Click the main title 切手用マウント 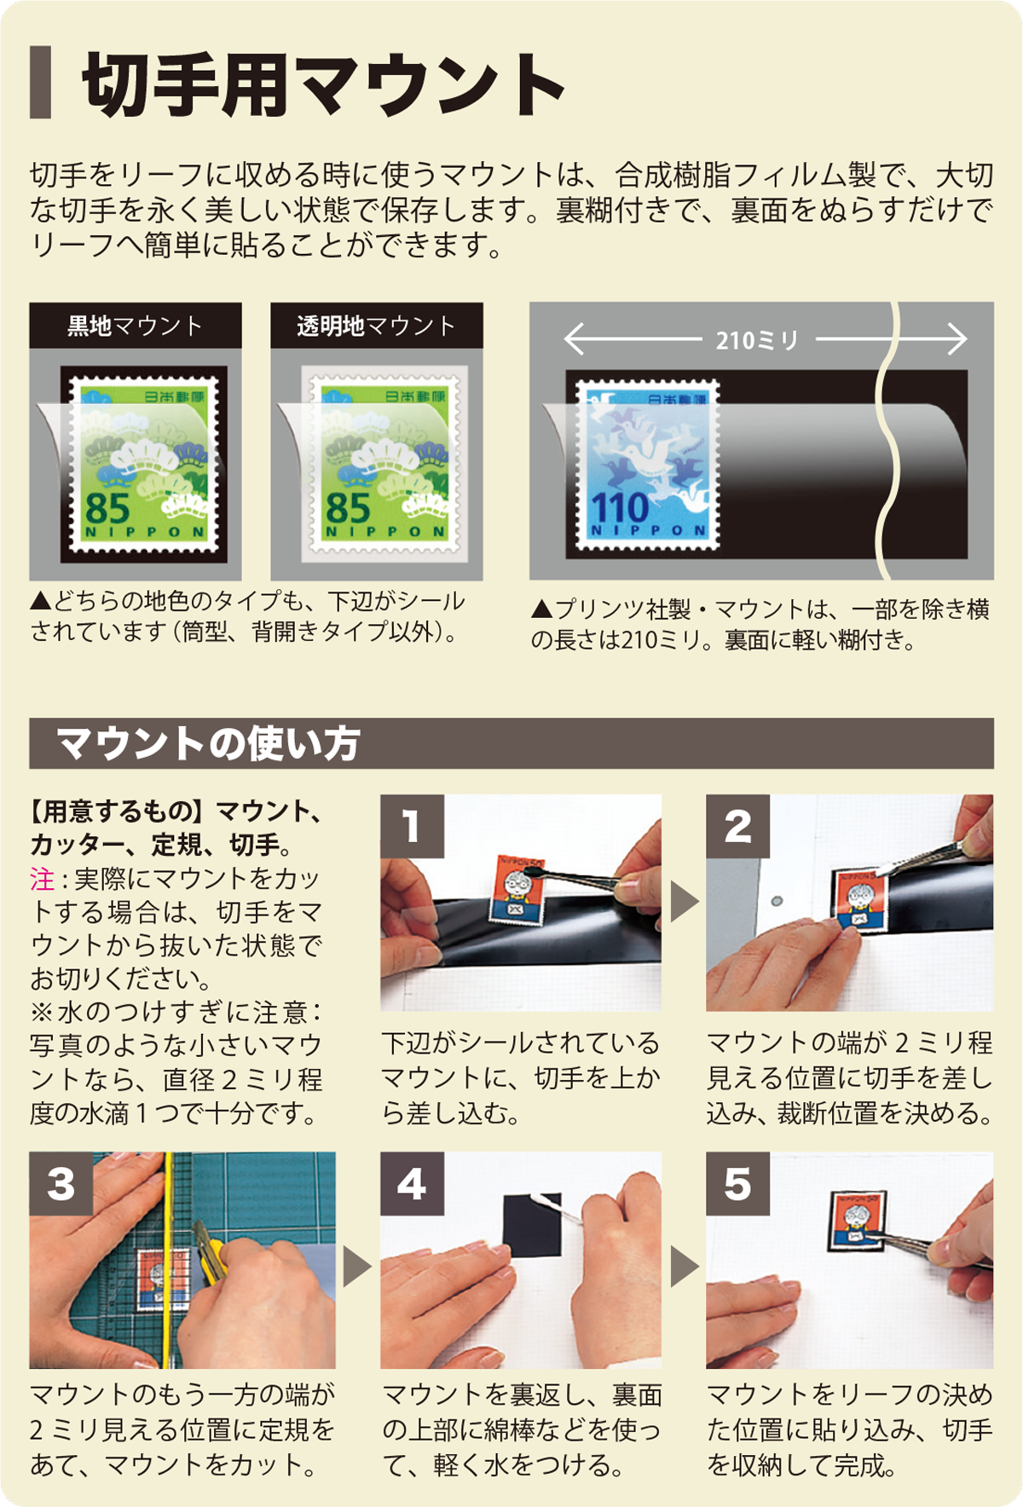click(323, 84)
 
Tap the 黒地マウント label click(136, 326)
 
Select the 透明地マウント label click(377, 326)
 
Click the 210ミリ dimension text click(757, 341)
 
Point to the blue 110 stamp click(648, 464)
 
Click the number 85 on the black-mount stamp click(107, 508)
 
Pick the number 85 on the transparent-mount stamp click(348, 508)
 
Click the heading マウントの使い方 click(209, 743)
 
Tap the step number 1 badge click(413, 826)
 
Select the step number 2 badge click(738, 826)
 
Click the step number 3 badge click(61, 1184)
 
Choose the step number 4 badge click(413, 1184)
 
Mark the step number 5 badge click(738, 1184)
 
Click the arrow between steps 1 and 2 click(684, 902)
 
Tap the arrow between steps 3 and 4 click(356, 1267)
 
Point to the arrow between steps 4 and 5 click(684, 1267)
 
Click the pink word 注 click(43, 879)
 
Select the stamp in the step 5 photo click(858, 1221)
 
